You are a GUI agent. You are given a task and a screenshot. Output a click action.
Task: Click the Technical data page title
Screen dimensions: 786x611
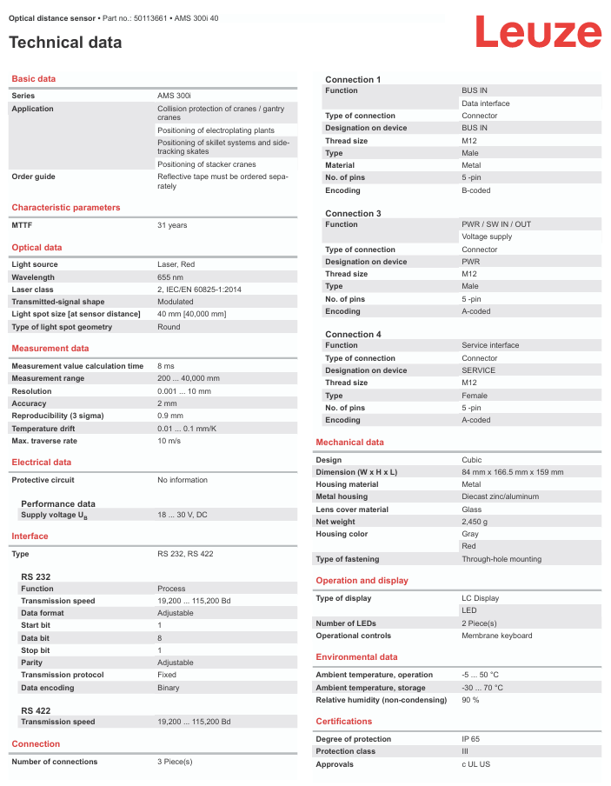(x=65, y=43)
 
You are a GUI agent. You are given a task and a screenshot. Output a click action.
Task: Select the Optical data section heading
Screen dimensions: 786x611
(x=37, y=248)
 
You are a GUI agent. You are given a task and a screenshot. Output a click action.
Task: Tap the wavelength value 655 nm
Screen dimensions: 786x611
(x=170, y=277)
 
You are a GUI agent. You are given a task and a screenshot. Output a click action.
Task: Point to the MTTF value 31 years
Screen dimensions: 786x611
(x=172, y=225)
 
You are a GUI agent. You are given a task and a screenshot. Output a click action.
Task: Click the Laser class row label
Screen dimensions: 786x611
(x=32, y=290)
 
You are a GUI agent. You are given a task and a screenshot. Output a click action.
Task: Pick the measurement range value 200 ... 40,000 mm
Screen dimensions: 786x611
(x=189, y=379)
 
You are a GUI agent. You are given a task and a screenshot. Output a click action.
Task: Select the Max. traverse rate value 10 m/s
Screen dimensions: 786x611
(x=169, y=441)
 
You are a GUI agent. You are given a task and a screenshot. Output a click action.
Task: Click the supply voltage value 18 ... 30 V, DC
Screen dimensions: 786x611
(x=183, y=516)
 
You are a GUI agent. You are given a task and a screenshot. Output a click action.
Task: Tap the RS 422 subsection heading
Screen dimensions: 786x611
(x=36, y=710)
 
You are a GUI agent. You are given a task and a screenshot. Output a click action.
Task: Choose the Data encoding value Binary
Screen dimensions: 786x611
(x=169, y=688)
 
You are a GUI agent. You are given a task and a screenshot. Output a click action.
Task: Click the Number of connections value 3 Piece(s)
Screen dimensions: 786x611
(x=175, y=762)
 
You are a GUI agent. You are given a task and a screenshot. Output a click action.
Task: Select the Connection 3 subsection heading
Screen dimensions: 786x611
(x=353, y=213)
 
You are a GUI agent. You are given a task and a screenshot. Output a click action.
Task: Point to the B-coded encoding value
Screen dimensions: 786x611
(x=476, y=190)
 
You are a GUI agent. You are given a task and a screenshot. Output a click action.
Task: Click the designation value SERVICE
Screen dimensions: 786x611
(x=479, y=370)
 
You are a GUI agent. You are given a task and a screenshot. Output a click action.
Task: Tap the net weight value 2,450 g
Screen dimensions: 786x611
(x=475, y=522)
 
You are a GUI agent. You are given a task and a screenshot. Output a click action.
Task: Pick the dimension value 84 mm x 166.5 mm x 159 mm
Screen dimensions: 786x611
(x=512, y=472)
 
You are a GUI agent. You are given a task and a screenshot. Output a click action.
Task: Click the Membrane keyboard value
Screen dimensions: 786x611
(x=496, y=636)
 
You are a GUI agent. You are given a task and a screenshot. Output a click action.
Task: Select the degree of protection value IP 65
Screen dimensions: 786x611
(x=470, y=739)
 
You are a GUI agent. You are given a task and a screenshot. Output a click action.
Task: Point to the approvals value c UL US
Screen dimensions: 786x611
(x=475, y=764)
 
